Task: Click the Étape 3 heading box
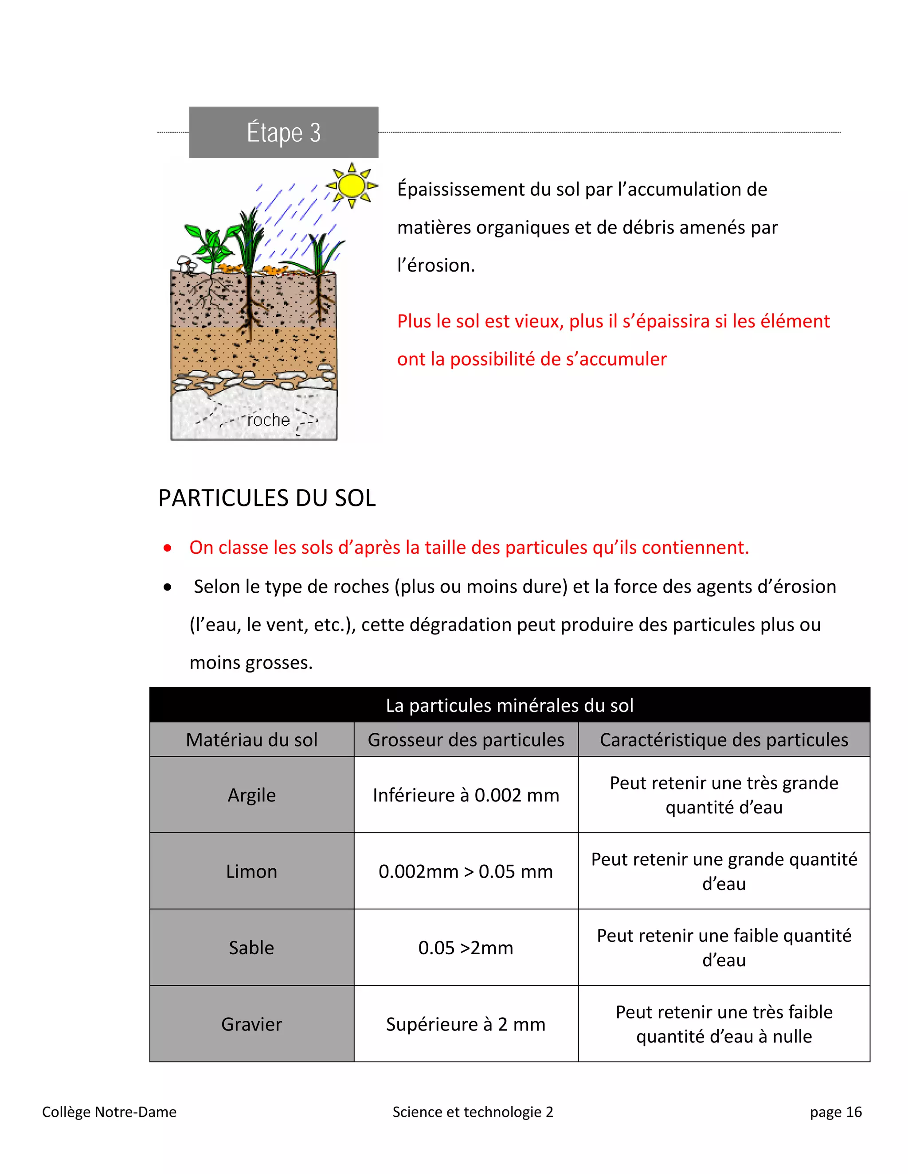[x=283, y=132]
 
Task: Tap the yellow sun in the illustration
[x=352, y=186]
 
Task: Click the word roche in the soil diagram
[x=268, y=420]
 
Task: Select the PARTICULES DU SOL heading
[x=267, y=498]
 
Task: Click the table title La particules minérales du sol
[x=509, y=705]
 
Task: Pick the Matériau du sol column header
[x=252, y=740]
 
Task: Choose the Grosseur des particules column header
[x=466, y=740]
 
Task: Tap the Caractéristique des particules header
[x=724, y=740]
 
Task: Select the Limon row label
[x=252, y=871]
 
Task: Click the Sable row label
[x=252, y=947]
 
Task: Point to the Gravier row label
[x=252, y=1024]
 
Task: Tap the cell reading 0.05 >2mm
[x=466, y=947]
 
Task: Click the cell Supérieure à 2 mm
[x=466, y=1024]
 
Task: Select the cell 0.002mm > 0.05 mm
[x=466, y=871]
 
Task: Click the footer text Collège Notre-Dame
[x=109, y=1112]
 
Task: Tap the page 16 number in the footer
[x=835, y=1112]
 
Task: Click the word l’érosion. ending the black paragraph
[x=436, y=265]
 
